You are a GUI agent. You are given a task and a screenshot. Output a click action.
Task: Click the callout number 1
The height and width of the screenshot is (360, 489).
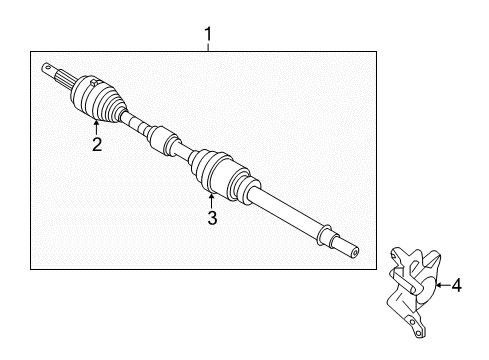pyautogui.click(x=208, y=34)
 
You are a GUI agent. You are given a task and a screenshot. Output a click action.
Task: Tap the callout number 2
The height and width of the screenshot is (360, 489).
pyautogui.click(x=97, y=144)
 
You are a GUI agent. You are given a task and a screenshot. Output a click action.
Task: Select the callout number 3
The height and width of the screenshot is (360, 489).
pyautogui.click(x=212, y=218)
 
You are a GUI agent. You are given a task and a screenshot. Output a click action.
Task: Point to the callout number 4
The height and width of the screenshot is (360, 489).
pyautogui.click(x=457, y=286)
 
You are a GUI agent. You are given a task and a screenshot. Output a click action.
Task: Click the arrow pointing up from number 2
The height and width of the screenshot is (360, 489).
pyautogui.click(x=96, y=127)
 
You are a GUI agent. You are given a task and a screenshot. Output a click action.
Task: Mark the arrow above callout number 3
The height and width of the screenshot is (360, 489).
pyautogui.click(x=211, y=201)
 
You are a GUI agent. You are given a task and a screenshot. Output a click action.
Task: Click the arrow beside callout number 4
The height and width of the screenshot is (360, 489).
pyautogui.click(x=443, y=285)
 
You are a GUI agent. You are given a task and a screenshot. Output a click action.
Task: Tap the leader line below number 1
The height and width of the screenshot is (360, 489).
pyautogui.click(x=208, y=47)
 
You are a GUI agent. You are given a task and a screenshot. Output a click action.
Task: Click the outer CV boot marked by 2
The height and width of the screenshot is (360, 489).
pyautogui.click(x=99, y=98)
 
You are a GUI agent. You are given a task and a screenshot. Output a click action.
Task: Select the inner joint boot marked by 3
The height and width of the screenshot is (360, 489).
pyautogui.click(x=224, y=176)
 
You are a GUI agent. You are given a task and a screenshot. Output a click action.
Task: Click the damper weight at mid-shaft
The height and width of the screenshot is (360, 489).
pyautogui.click(x=163, y=140)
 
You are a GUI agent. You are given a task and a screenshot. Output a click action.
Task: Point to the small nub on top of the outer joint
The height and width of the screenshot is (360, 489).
pyautogui.click(x=94, y=82)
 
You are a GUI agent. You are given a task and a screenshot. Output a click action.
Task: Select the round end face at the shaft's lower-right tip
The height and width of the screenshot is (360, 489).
pyautogui.click(x=355, y=253)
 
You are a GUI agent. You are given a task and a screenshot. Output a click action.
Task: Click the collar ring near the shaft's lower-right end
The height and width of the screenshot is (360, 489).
pyautogui.click(x=324, y=235)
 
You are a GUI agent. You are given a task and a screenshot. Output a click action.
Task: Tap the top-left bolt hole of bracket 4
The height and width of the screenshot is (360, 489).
pyautogui.click(x=394, y=257)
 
